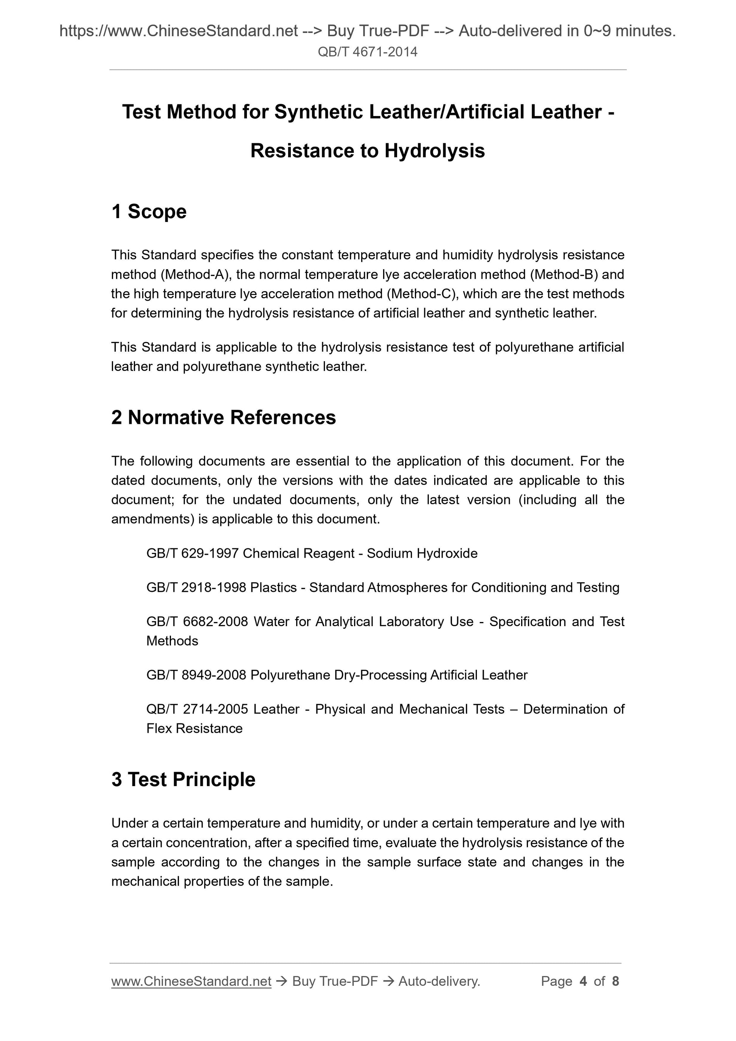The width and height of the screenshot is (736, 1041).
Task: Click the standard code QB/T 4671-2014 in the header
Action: coord(367,52)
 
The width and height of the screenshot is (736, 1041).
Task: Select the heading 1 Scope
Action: coord(149,212)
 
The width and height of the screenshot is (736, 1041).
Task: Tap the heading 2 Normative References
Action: coord(223,417)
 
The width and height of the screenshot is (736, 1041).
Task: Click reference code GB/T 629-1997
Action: coord(192,554)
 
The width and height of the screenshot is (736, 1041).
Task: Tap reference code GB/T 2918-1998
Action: coord(196,588)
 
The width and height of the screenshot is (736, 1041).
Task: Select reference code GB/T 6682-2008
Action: coord(197,622)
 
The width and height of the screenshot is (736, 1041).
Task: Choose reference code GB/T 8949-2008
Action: coord(196,675)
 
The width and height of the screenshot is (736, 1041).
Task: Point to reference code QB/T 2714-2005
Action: coord(197,709)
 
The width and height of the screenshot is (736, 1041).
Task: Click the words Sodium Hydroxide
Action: coord(422,554)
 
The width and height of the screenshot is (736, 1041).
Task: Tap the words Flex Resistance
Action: coord(194,729)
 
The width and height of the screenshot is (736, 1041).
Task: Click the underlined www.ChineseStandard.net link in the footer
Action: coord(191,982)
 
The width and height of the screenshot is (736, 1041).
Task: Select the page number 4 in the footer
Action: coord(583,982)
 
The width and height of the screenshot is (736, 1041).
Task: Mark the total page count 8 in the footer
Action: coord(615,982)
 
